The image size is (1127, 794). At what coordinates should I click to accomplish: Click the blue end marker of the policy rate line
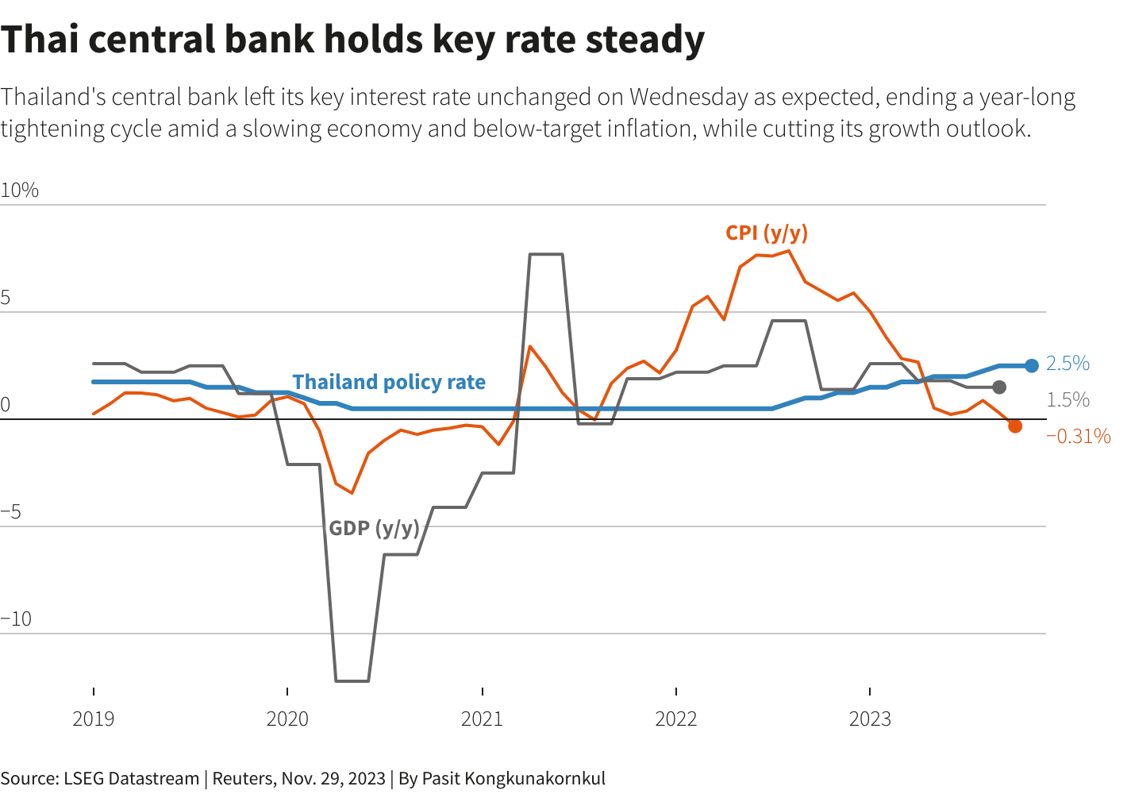click(x=1031, y=366)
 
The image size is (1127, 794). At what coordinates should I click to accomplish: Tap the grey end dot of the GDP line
click(x=999, y=387)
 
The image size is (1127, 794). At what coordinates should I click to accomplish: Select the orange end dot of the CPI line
click(x=1015, y=426)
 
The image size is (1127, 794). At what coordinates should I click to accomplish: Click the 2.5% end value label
click(x=1067, y=364)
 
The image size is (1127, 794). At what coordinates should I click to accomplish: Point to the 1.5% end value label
click(x=1067, y=400)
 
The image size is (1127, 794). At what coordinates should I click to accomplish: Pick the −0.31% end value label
click(x=1078, y=436)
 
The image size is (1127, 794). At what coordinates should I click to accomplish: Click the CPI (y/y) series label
click(x=767, y=233)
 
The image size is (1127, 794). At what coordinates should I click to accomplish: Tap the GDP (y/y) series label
click(x=374, y=528)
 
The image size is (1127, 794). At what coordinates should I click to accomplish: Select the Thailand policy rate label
click(x=389, y=382)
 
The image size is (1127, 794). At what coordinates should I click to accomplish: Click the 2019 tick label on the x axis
click(x=94, y=719)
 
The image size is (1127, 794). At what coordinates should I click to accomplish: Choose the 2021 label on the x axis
click(x=482, y=719)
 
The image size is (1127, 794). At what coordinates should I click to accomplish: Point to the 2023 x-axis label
click(x=870, y=719)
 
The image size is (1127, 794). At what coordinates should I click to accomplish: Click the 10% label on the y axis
click(x=20, y=191)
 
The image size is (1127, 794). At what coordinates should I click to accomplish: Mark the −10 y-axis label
click(x=17, y=619)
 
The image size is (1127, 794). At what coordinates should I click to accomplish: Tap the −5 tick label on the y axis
click(x=11, y=512)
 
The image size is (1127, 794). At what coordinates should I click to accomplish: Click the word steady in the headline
click(x=645, y=40)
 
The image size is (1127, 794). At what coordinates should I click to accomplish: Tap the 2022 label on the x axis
click(x=675, y=719)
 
